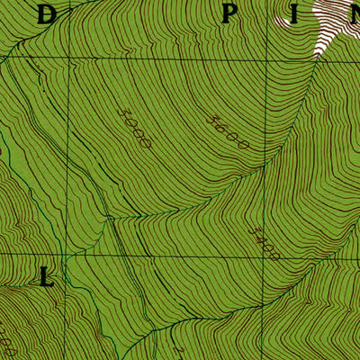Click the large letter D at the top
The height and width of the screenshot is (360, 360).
pos(47,13)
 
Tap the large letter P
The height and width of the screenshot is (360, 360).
pos(230,13)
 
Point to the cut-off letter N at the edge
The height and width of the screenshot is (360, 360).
pos(353,13)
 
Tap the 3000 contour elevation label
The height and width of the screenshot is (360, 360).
pos(133,127)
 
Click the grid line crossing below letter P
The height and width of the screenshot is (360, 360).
pos(267,58)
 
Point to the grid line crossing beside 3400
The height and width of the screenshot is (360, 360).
pos(267,255)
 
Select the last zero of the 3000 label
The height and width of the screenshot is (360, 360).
pos(147,142)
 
